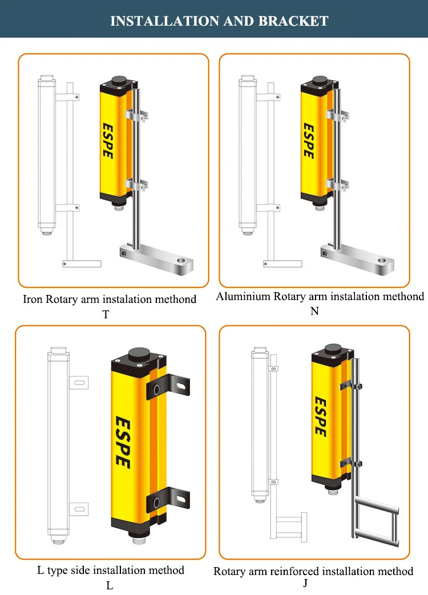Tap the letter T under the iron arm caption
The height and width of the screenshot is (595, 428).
106,314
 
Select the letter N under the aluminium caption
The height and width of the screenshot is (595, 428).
314,311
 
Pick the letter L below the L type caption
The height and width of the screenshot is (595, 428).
110,585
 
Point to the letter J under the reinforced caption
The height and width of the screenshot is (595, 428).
306,583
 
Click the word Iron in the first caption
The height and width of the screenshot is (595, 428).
33,299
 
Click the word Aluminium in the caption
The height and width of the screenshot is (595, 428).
243,297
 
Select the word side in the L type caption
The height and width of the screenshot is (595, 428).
80,570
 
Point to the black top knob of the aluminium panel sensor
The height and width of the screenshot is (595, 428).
318,81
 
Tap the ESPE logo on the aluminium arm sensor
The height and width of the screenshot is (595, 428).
308,140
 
